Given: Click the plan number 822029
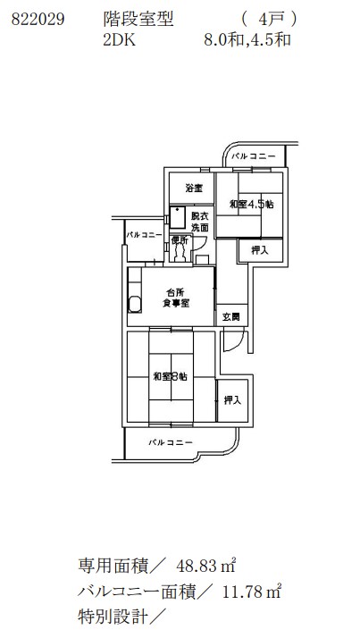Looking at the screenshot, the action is coord(38,19).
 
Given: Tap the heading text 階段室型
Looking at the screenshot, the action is coord(138,19).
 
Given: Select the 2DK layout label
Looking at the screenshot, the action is coord(119,40).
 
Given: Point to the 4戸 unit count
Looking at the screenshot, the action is coord(269,19).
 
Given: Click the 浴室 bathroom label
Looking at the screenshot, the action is coord(194,189).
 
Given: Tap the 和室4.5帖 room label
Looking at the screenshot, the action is coord(251,205).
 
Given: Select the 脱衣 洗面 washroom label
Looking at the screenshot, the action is coord(200,222).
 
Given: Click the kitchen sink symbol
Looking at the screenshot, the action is coord(135,304).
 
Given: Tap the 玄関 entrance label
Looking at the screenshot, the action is coord(231,316).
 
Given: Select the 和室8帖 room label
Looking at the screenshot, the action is coord(170,377).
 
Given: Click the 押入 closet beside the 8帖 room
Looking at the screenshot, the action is coord(232,401).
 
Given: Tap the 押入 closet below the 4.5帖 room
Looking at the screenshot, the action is coord(260,250).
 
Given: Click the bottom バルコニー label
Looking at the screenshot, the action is coord(170,442).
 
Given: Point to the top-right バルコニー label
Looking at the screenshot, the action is coord(254,156).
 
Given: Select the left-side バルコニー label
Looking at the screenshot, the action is coord(144,235).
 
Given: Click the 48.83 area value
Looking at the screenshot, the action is coord(196,566).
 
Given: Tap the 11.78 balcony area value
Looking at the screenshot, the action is coord(241,592).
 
